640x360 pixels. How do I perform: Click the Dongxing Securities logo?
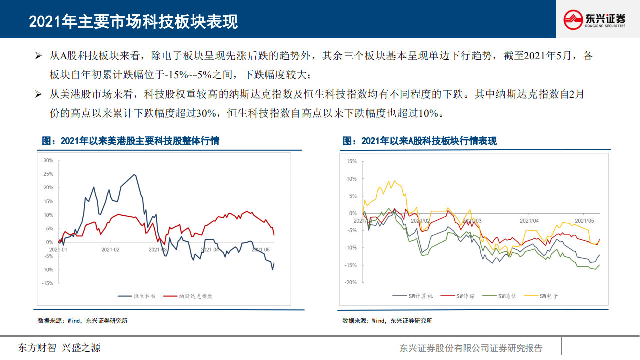595,20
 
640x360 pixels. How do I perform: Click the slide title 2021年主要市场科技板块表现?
133,21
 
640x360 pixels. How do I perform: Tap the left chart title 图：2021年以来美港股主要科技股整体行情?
131,141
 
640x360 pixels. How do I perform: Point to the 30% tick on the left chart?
48,161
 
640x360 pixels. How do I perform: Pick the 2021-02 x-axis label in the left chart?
110,249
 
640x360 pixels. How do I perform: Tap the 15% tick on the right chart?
351,162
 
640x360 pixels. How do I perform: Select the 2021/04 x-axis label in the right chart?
529,220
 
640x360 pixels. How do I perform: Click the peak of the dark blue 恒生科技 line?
134,174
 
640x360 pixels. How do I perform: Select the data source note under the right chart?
387,321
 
